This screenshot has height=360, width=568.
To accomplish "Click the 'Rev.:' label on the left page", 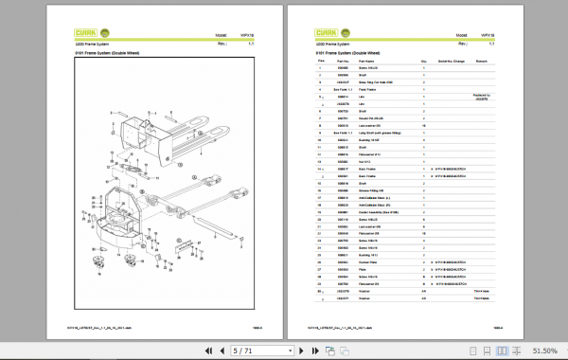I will (x=222, y=44).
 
